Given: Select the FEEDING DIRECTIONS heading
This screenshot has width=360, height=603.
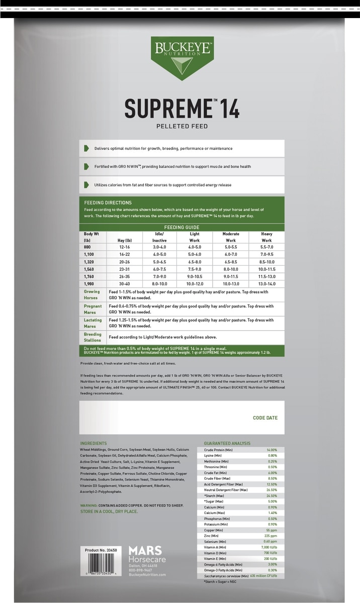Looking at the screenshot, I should pyautogui.click(x=108, y=203).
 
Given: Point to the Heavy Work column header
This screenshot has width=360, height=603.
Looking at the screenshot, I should pyautogui.click(x=266, y=237).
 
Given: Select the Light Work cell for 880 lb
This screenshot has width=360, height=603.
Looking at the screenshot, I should pyautogui.click(x=194, y=247).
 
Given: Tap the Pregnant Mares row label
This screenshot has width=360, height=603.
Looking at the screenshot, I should pyautogui.click(x=93, y=309).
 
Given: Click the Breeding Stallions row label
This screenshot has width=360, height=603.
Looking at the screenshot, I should pyautogui.click(x=93, y=337).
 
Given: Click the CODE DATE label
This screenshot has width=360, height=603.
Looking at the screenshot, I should pyautogui.click(x=265, y=418).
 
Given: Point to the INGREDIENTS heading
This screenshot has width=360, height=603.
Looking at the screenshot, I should pyautogui.click(x=94, y=443).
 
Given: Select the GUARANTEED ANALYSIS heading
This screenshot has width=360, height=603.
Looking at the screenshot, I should pyautogui.click(x=227, y=443).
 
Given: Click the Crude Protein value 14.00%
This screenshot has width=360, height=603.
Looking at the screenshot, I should pyautogui.click(x=272, y=450).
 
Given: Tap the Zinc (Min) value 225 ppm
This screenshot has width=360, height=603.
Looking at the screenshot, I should pyautogui.click(x=271, y=536).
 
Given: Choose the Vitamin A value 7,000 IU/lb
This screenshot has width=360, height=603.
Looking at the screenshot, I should pyautogui.click(x=269, y=547).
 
